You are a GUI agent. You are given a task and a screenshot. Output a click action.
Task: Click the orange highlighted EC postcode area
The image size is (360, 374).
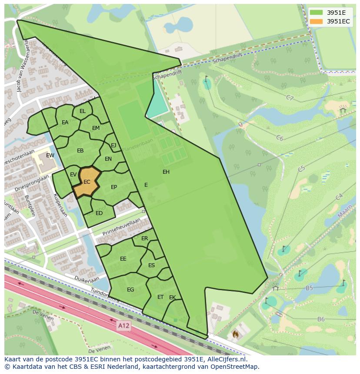(x=87, y=182)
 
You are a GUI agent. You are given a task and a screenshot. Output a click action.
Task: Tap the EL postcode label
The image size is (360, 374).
(x=83, y=112)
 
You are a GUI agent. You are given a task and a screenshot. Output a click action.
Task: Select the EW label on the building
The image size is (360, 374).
(x=50, y=156)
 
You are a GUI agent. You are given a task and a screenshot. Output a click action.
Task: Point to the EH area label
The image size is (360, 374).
(x=166, y=172)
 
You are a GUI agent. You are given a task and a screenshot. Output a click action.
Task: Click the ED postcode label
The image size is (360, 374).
(x=99, y=213)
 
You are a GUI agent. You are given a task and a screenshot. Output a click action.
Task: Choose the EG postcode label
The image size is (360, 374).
(x=130, y=290)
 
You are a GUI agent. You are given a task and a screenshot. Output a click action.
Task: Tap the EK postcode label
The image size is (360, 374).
(x=172, y=298)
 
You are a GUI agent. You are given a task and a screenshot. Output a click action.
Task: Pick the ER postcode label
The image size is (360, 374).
(x=145, y=238)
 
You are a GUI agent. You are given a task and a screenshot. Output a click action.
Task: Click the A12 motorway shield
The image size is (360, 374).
(x=124, y=325)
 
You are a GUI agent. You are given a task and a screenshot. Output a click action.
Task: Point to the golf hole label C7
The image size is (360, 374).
(x=290, y=98)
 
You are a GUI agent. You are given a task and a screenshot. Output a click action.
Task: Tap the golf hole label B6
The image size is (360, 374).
(x=321, y=319)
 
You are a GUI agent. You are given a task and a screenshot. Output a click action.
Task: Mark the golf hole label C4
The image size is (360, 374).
(x=339, y=197)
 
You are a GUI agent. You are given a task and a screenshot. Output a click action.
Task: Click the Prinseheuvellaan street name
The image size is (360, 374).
(x=122, y=227)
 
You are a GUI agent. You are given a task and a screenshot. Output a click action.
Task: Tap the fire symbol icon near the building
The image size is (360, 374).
(x=235, y=335)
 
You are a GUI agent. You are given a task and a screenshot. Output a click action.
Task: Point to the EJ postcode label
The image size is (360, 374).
(x=113, y=146)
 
